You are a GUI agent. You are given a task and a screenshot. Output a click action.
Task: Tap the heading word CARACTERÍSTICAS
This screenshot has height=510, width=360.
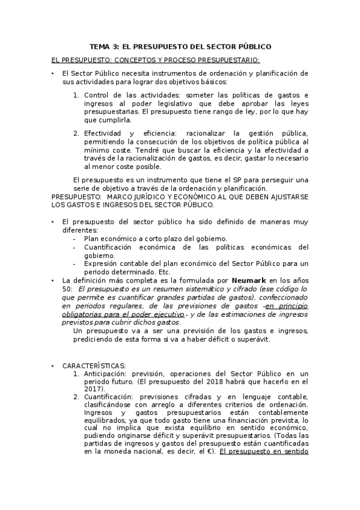point(94,366)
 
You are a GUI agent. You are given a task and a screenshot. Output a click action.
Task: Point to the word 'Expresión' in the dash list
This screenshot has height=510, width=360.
point(103,263)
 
